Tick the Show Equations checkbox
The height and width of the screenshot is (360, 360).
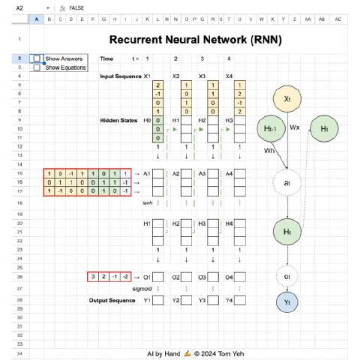coord(37,67)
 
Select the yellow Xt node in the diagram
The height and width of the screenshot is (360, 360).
coord(286,98)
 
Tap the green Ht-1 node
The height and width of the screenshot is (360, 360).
coord(272,128)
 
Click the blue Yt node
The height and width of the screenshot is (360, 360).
coord(286,301)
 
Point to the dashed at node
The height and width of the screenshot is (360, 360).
coord(286,181)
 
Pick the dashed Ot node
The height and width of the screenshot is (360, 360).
coord(286,277)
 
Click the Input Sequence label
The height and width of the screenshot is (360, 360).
coord(120,76)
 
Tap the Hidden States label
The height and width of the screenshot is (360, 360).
coord(120,120)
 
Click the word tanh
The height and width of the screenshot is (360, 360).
coord(148,202)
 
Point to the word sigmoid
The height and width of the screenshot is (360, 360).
coord(142,288)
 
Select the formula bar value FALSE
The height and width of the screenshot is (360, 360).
coord(76,7)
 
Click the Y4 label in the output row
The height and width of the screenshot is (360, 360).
coord(228,301)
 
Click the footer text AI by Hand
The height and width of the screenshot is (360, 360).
coord(162,352)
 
